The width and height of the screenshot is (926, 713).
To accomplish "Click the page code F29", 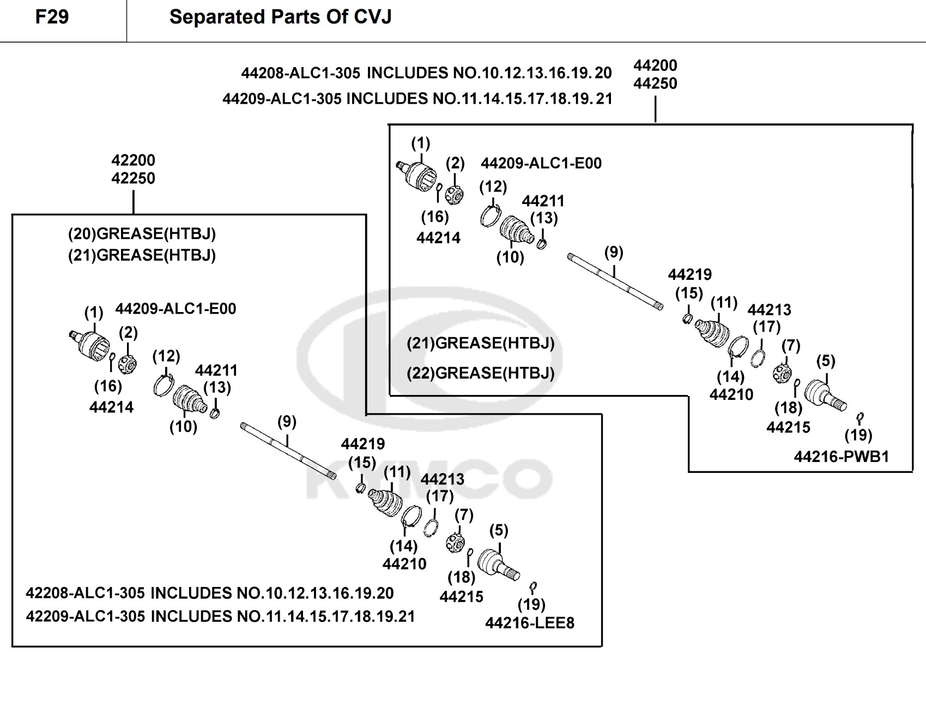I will (x=52, y=17).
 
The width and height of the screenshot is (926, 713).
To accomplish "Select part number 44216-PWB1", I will (x=841, y=457).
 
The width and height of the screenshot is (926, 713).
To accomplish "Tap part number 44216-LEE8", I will (x=529, y=622).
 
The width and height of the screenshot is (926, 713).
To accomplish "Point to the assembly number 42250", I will (x=133, y=178).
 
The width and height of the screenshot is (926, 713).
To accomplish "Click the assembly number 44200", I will (x=655, y=65).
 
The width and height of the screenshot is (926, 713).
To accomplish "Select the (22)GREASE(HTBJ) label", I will (x=480, y=373).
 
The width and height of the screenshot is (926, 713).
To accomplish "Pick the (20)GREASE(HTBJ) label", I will (x=142, y=234).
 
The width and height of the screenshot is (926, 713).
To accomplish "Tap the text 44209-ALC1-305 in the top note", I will (x=282, y=99).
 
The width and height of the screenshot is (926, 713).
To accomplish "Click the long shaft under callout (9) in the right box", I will (x=615, y=281).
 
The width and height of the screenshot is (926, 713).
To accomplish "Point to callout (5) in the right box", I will (x=826, y=361).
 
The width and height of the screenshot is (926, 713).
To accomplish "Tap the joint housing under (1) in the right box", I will (x=420, y=175).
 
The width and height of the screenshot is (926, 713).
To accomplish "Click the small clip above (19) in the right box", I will (x=860, y=418).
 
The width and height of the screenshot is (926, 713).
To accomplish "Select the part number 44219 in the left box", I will (x=362, y=444).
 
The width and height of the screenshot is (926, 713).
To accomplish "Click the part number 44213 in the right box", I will (x=769, y=310).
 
